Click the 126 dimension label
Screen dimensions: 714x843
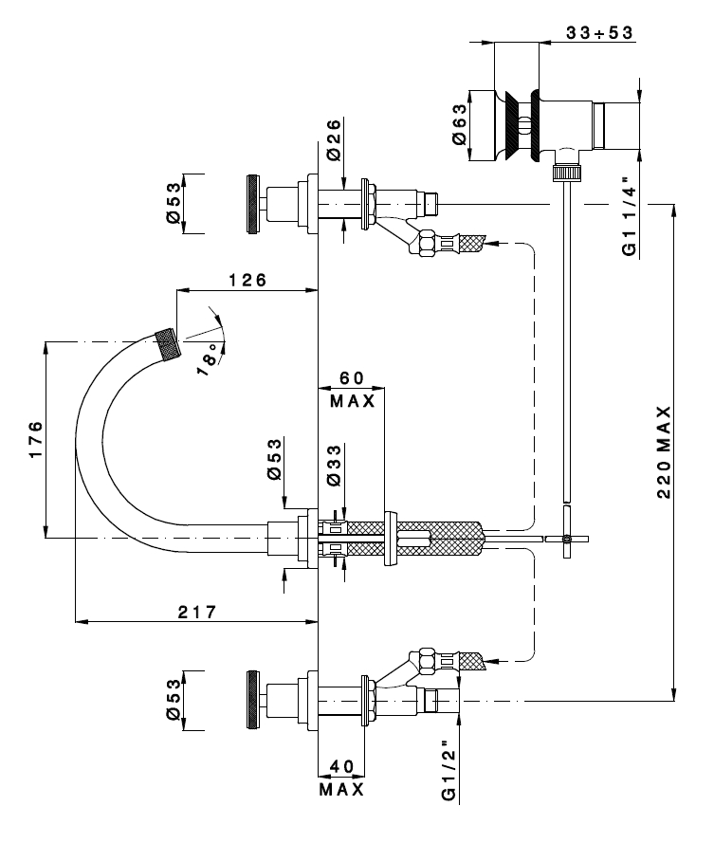[247, 280]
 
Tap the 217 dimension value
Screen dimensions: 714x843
[197, 612]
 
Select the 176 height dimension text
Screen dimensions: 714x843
[35, 439]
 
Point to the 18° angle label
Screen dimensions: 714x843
[210, 358]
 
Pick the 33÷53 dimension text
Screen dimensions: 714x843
[599, 32]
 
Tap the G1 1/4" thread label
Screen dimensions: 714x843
[629, 216]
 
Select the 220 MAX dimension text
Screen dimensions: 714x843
[664, 452]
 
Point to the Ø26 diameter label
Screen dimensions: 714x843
[334, 139]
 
